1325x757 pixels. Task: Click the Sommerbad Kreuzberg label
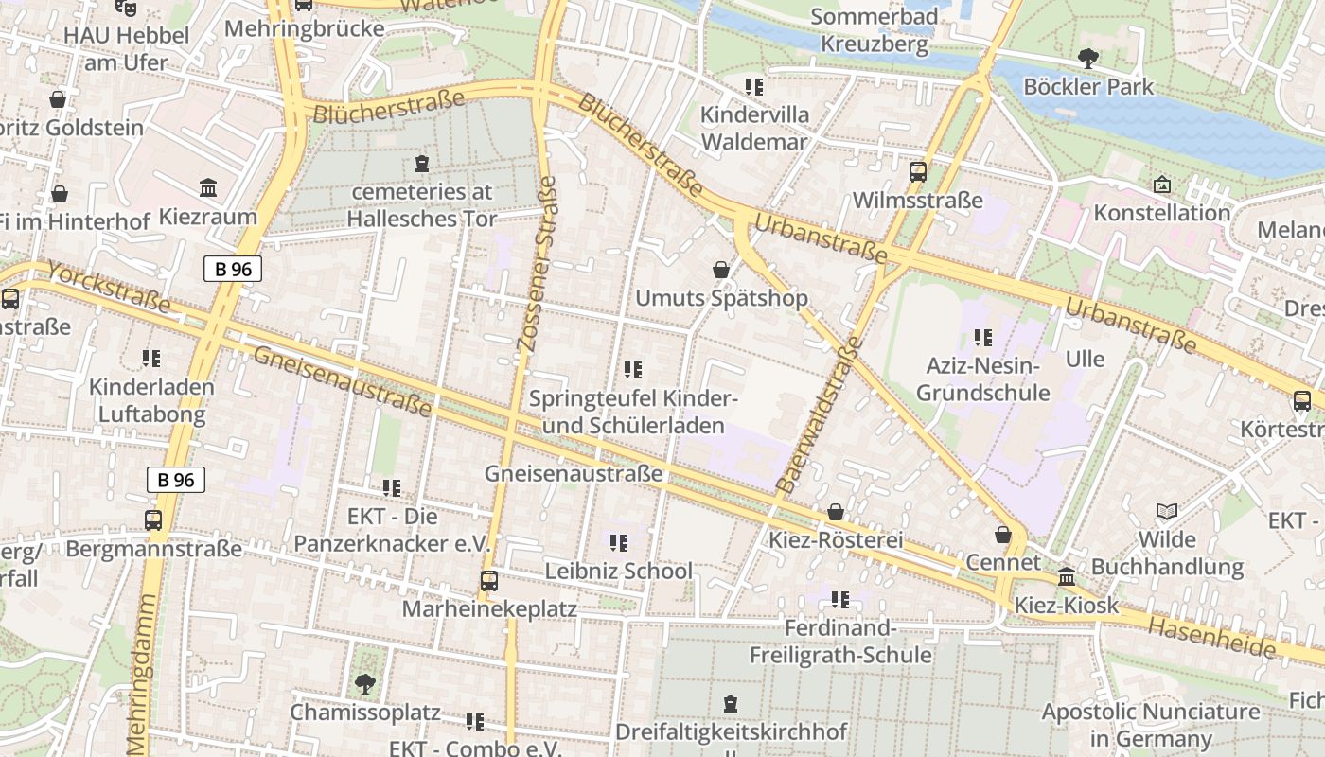(x=874, y=29)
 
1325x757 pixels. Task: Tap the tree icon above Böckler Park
(x=1088, y=59)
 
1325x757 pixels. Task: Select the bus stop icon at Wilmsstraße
(x=917, y=172)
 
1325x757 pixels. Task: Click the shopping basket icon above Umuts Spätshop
(x=721, y=271)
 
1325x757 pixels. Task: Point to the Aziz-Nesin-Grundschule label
(x=983, y=378)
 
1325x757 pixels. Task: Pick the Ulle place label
(x=1085, y=360)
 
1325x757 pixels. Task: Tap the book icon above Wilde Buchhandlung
(x=1167, y=512)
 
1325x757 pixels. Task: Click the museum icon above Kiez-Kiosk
(x=1067, y=576)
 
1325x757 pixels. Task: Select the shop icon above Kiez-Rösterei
(x=836, y=513)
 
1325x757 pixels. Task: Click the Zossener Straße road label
(x=537, y=265)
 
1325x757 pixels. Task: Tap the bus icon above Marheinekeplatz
(x=488, y=580)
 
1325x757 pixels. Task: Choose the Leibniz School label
(x=618, y=571)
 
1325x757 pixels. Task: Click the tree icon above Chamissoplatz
(x=364, y=683)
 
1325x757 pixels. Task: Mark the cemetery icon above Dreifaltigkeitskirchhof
(x=731, y=704)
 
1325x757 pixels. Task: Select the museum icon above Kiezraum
(x=208, y=188)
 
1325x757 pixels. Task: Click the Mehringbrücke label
(x=304, y=28)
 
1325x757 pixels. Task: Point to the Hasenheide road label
(x=1211, y=638)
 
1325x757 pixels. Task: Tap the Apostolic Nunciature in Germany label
(x=1151, y=725)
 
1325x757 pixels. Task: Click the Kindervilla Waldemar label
(x=754, y=129)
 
